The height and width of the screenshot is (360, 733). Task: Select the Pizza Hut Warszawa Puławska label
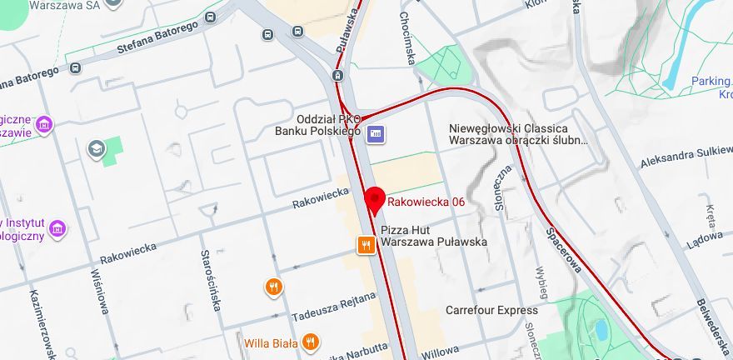tap(433, 235)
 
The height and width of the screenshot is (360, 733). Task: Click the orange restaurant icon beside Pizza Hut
tap(366, 244)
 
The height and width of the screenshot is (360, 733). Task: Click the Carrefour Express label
tap(491, 310)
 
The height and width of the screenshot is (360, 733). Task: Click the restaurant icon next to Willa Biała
tap(310, 342)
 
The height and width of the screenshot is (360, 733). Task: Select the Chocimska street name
tap(407, 37)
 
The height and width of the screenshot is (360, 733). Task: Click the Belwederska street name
tap(713, 325)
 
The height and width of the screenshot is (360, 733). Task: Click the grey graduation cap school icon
tap(97, 148)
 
